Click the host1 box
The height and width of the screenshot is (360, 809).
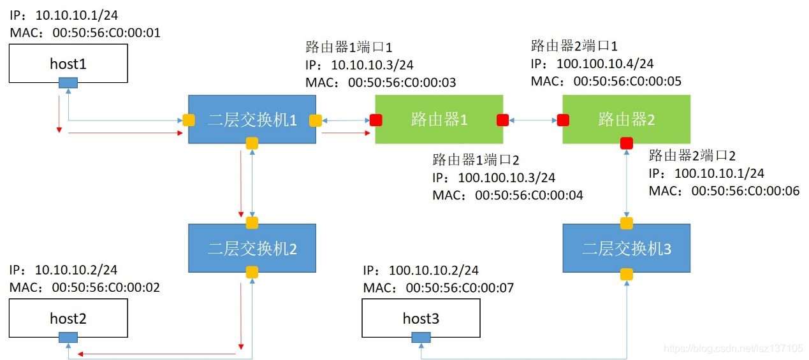(x=68, y=64)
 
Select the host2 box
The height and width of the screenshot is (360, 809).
(x=68, y=317)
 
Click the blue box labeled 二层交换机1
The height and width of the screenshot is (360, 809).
(x=252, y=119)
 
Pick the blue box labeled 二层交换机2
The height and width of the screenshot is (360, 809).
(x=252, y=248)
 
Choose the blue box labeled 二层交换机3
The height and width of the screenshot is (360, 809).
(x=627, y=248)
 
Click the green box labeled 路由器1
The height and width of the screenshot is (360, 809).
(x=439, y=119)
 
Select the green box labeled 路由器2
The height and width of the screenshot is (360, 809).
(x=627, y=119)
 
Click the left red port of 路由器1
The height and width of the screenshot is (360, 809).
(x=376, y=120)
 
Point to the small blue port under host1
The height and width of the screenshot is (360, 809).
(x=68, y=83)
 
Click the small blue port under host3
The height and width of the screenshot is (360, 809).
(x=421, y=337)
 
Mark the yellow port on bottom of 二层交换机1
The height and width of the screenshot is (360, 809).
(x=252, y=143)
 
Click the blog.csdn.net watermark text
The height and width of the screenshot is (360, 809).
(x=733, y=349)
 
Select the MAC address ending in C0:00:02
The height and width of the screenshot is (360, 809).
(x=85, y=287)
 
